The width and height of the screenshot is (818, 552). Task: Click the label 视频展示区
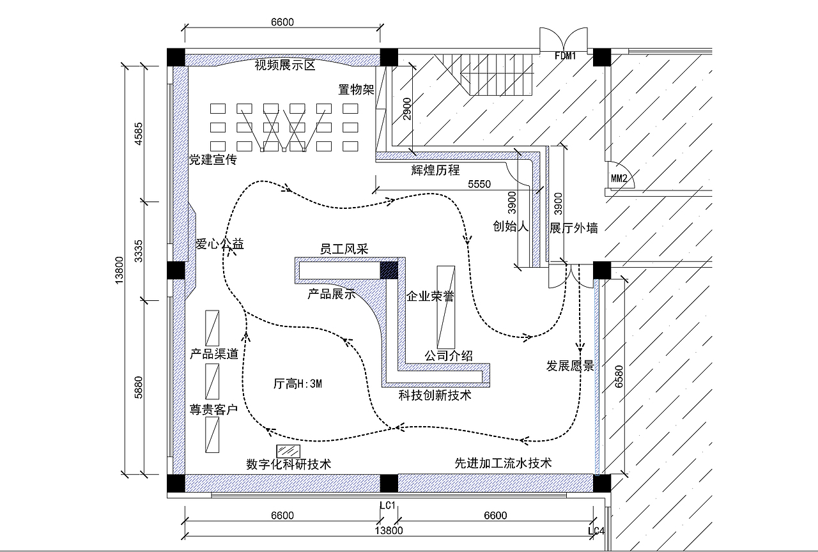pos(286,65)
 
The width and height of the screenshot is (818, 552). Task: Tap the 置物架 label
pos(356,89)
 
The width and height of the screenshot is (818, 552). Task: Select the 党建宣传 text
pos(212,160)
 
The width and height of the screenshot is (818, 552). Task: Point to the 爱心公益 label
pos(219,243)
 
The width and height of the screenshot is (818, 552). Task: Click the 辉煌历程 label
pos(435,170)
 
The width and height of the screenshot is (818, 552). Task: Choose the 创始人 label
pos(510,226)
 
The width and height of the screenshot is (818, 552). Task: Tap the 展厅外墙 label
pos(574,227)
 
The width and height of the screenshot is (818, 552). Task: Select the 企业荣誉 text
pos(430,297)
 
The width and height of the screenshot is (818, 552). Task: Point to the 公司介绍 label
pos(449,355)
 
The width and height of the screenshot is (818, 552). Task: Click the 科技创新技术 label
pos(435,395)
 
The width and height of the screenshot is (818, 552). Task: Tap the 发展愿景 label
pos(570,366)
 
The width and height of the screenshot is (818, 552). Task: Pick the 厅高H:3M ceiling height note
pos(297,384)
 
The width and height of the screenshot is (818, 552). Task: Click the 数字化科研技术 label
pos(288,464)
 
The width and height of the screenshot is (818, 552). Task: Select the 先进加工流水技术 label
pos(503,463)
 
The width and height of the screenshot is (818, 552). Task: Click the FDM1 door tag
pos(566,56)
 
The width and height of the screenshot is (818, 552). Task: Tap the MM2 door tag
pos(619,178)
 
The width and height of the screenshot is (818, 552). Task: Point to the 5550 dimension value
pos(479,184)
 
